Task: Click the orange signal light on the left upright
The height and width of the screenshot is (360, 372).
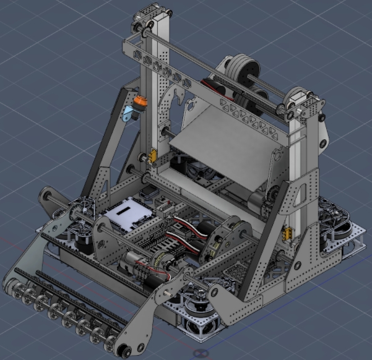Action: tap(139, 101)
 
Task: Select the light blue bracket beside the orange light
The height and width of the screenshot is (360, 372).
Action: tap(129, 113)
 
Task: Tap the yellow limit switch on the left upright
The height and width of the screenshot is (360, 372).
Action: tap(152, 156)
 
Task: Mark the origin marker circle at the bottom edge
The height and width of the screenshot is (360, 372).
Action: tap(200, 353)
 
